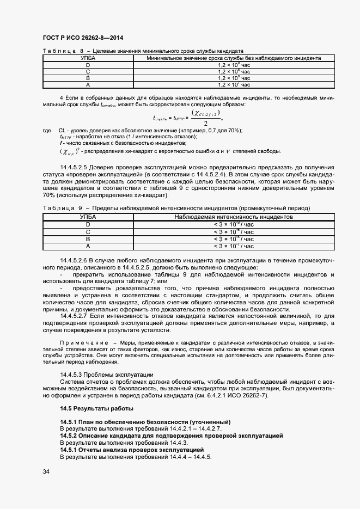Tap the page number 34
tap(46, 471)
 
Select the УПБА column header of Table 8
tap(87, 58)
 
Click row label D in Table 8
tap(87, 65)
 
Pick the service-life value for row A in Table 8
tap(234, 84)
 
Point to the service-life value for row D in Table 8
tap(234, 65)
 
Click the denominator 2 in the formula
tap(205, 123)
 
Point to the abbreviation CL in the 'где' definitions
tap(62, 131)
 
